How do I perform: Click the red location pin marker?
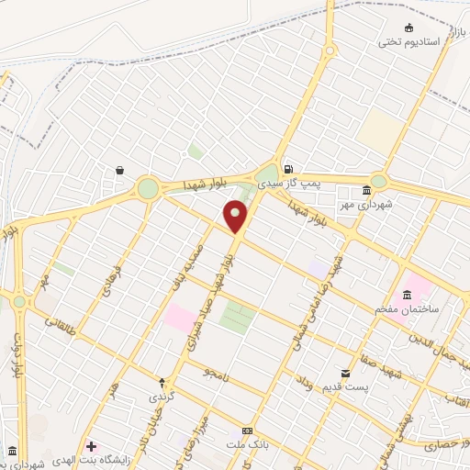coord(236,215)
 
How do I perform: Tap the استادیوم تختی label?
coord(409,42)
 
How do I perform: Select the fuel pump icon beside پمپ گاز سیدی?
coord(289,169)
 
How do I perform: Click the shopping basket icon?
coord(120,170)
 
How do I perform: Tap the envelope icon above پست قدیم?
coord(345,373)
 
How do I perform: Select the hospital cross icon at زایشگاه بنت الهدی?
coord(90,445)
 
